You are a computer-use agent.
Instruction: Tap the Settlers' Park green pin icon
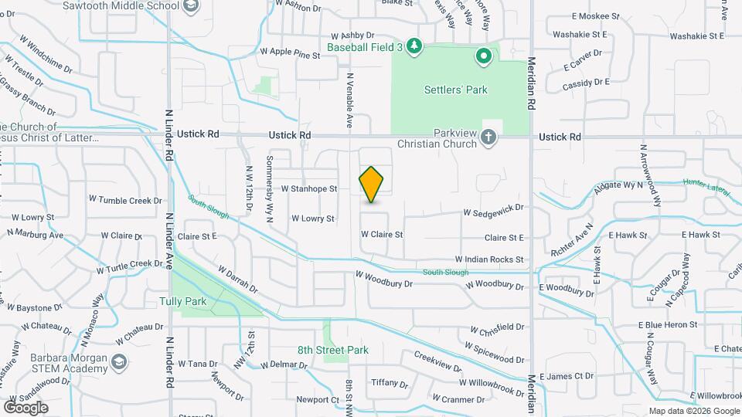click(x=484, y=56)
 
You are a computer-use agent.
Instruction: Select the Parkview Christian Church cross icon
click(x=488, y=137)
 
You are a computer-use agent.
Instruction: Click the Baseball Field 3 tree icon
click(x=415, y=47)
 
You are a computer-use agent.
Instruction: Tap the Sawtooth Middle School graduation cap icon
click(x=192, y=6)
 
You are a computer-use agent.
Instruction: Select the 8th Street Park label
click(x=333, y=350)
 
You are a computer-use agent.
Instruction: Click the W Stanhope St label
click(x=309, y=188)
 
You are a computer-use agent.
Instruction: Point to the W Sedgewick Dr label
click(x=493, y=208)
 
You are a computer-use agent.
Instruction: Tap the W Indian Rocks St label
click(x=489, y=259)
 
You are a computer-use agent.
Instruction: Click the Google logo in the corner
click(x=26, y=407)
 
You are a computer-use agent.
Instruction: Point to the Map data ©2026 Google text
click(x=693, y=411)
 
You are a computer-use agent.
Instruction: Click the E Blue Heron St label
click(x=668, y=325)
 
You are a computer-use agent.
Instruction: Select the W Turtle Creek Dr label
click(x=129, y=266)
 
